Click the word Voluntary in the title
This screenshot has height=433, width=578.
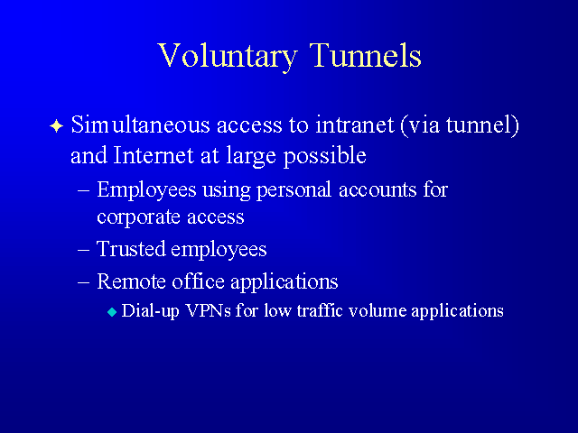pos(227,56)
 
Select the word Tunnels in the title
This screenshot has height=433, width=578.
pos(365,55)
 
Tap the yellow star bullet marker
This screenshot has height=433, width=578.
pos(56,126)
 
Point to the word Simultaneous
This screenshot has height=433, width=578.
pos(140,124)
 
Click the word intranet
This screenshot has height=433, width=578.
pos(355,124)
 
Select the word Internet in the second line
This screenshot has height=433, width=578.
pos(154,155)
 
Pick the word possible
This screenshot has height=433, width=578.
pos(325,156)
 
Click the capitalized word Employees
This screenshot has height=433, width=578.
pos(146,191)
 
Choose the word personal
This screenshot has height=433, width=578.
pos(294,191)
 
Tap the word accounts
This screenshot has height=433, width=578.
pos(378,190)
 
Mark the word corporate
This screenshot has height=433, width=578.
pos(138,217)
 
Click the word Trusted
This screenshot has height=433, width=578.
pos(131,249)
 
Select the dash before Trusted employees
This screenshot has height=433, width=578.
pos(84,250)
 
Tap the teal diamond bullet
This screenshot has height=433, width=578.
pos(112,313)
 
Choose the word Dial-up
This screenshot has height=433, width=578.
pos(151,310)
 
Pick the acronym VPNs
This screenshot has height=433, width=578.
pos(209,310)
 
